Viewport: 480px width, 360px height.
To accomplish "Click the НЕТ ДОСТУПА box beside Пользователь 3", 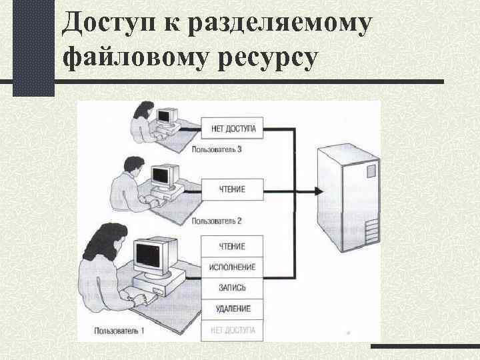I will (232, 126).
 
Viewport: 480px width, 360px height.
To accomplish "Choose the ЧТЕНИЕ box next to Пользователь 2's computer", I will (232, 189).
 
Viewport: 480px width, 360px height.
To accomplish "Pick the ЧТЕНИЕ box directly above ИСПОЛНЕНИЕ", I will (232, 246).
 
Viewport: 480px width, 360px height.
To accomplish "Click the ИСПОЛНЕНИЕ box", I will (232, 267).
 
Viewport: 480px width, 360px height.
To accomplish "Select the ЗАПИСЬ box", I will (232, 288).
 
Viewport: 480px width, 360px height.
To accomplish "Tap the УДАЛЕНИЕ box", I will (232, 309).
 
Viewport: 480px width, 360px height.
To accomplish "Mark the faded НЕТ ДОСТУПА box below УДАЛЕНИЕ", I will (232, 329).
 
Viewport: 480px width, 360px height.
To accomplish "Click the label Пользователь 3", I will (216, 149).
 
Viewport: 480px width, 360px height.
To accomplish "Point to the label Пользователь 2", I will (216, 221).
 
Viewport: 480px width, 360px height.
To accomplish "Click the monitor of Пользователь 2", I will (162, 175).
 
